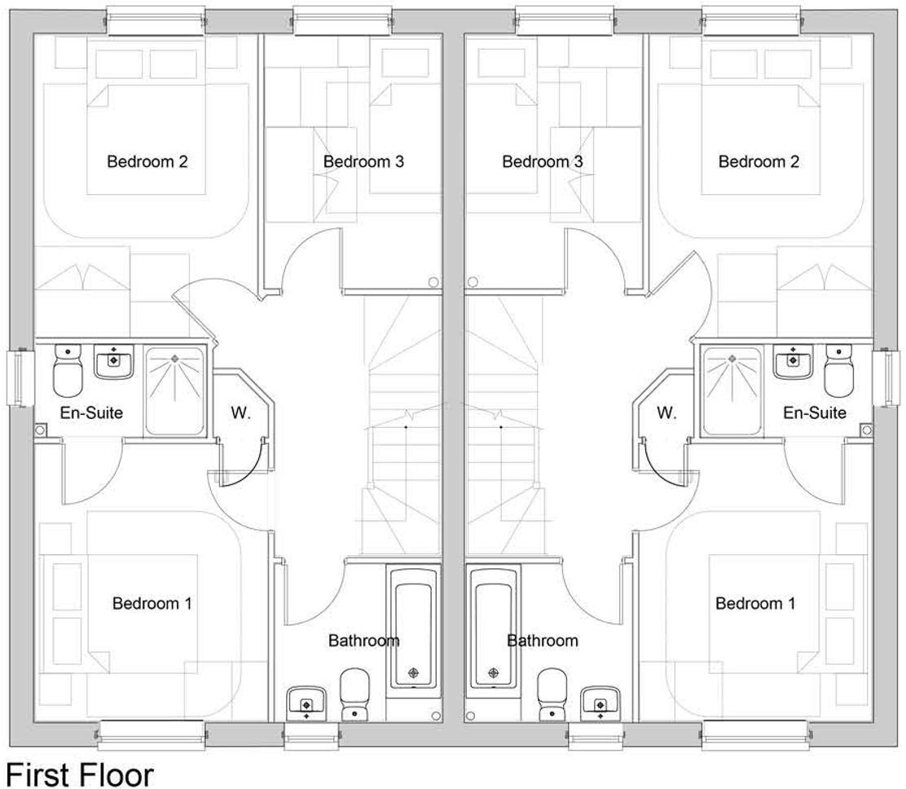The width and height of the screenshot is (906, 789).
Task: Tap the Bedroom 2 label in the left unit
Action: point(147,161)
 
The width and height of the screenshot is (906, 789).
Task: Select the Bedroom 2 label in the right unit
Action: point(759,161)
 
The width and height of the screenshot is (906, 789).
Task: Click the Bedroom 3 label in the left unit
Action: point(363,161)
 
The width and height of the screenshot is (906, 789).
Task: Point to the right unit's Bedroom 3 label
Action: point(543,161)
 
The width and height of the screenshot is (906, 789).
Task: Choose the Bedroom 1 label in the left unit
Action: point(152,603)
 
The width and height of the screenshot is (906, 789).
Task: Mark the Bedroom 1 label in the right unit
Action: point(755,603)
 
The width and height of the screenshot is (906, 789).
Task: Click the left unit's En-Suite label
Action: point(91,412)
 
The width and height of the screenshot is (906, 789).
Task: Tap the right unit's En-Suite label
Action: point(815,412)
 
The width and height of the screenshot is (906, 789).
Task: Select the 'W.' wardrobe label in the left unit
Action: point(240,412)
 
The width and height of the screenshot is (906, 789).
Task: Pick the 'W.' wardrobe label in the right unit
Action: point(666,412)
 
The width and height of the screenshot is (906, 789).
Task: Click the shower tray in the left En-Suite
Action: point(174,390)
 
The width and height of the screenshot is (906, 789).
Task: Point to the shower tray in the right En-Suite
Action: point(732,390)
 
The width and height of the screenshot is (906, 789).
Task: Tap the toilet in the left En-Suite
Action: point(68,372)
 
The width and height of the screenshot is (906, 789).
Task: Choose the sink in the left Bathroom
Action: point(306,702)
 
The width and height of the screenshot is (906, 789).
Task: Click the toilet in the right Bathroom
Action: point(552,694)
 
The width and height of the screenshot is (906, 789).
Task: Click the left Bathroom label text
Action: point(363,641)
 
